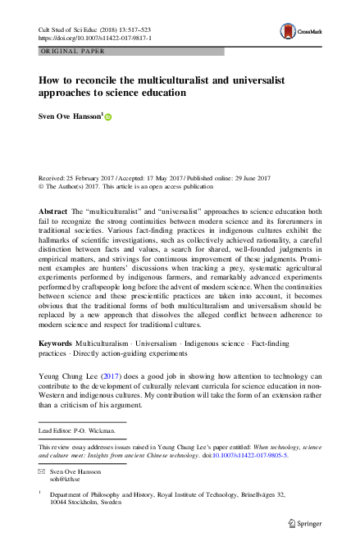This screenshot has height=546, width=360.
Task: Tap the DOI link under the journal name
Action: pyautogui.click(x=91, y=38)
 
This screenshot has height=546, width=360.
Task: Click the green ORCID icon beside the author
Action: pyautogui.click(x=107, y=118)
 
